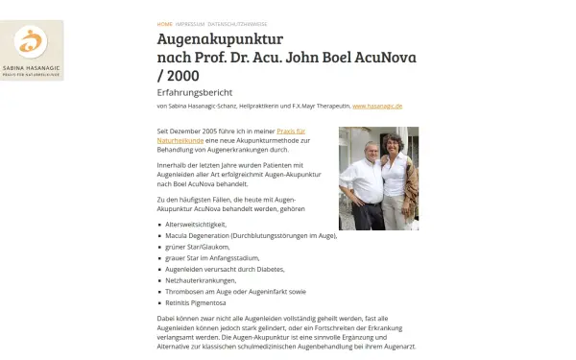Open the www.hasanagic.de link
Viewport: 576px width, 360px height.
377,107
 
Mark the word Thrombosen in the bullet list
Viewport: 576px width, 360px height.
185,292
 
